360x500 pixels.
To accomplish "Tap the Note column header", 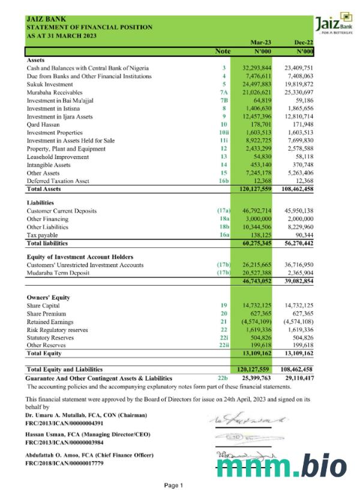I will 223,52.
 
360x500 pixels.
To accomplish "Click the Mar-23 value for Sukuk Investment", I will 257,84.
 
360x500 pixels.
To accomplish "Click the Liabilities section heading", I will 41,203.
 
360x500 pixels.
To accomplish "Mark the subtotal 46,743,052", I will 257,280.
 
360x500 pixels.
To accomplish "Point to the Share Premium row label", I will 46,314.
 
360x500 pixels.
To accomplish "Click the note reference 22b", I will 223,378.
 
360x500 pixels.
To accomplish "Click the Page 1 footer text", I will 173,485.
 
